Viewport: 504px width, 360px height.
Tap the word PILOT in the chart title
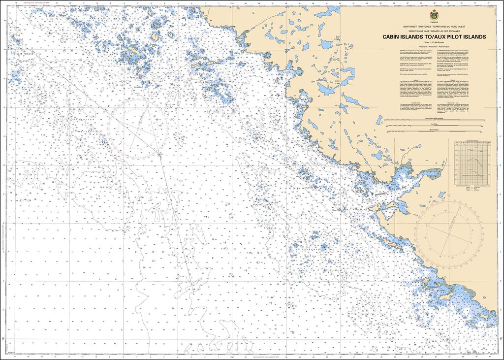(x=457, y=37)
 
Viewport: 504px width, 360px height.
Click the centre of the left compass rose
(x=139, y=127)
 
